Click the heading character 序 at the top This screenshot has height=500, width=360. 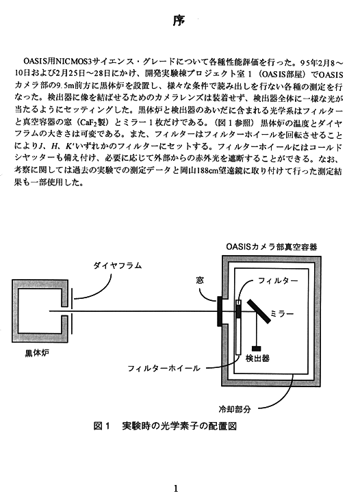coord(179,21)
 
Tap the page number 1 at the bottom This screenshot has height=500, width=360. coord(176,488)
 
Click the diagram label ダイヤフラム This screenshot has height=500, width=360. coord(117,265)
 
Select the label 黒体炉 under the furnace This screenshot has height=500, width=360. coord(37,354)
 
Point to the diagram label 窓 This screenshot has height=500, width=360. coord(200,280)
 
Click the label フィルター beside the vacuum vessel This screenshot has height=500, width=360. coord(278,280)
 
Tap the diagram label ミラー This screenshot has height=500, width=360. coord(282,314)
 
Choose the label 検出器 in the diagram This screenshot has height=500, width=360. coord(257,358)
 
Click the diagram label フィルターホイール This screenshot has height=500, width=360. coord(164,368)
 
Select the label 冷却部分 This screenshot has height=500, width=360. coord(235,409)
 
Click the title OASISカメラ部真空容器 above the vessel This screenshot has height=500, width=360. coord(272,247)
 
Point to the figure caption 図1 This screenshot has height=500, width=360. coord(101,426)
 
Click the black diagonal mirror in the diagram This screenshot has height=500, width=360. coord(259,311)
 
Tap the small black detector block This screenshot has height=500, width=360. coord(256,349)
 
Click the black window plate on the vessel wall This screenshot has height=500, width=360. coord(220,311)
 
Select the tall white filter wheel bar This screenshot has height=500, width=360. coord(238,327)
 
